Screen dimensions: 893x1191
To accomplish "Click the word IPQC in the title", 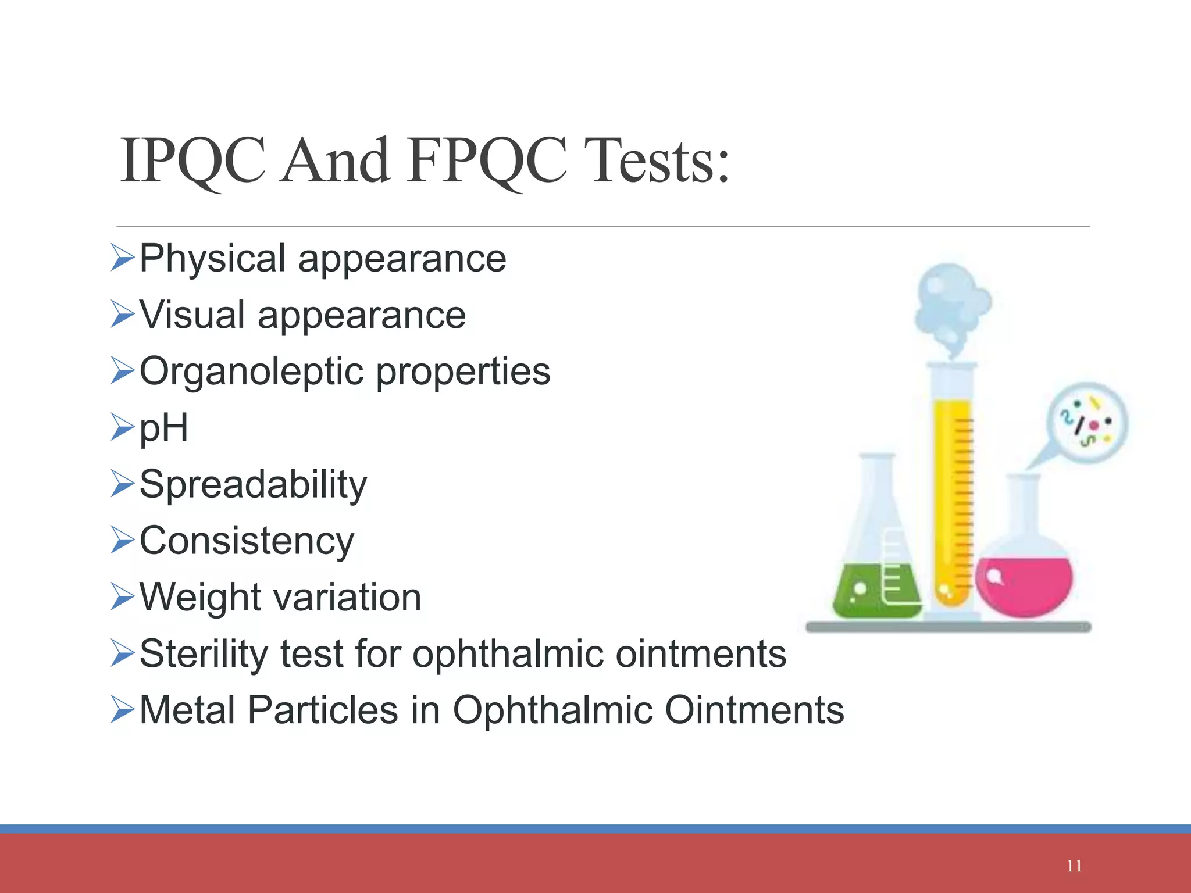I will click(x=192, y=161).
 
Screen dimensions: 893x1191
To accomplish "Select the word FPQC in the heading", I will click(x=486, y=161).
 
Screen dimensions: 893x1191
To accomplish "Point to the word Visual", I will click(x=192, y=315).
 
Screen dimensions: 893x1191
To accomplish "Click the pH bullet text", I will click(x=164, y=428).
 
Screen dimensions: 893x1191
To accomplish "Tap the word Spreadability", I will click(x=253, y=485).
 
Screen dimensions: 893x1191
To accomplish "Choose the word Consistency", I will click(x=247, y=541).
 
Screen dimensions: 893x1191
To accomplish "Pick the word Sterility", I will click(x=204, y=654).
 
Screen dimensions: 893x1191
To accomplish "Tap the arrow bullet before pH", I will click(x=122, y=427).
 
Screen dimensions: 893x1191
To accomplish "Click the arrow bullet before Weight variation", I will click(x=122, y=597).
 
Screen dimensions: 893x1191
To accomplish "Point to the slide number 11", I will click(x=1074, y=866).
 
